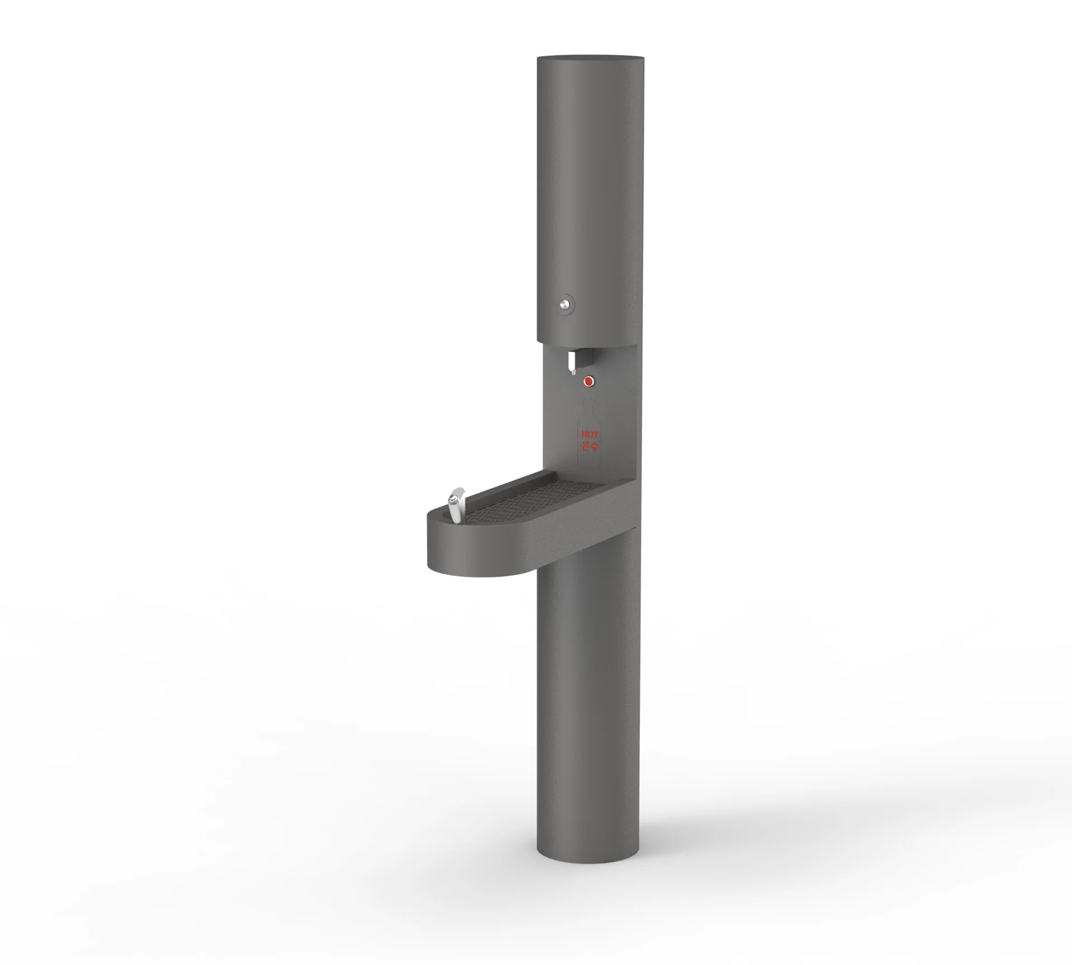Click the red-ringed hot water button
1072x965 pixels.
coord(588,381)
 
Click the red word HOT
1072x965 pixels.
coord(589,434)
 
